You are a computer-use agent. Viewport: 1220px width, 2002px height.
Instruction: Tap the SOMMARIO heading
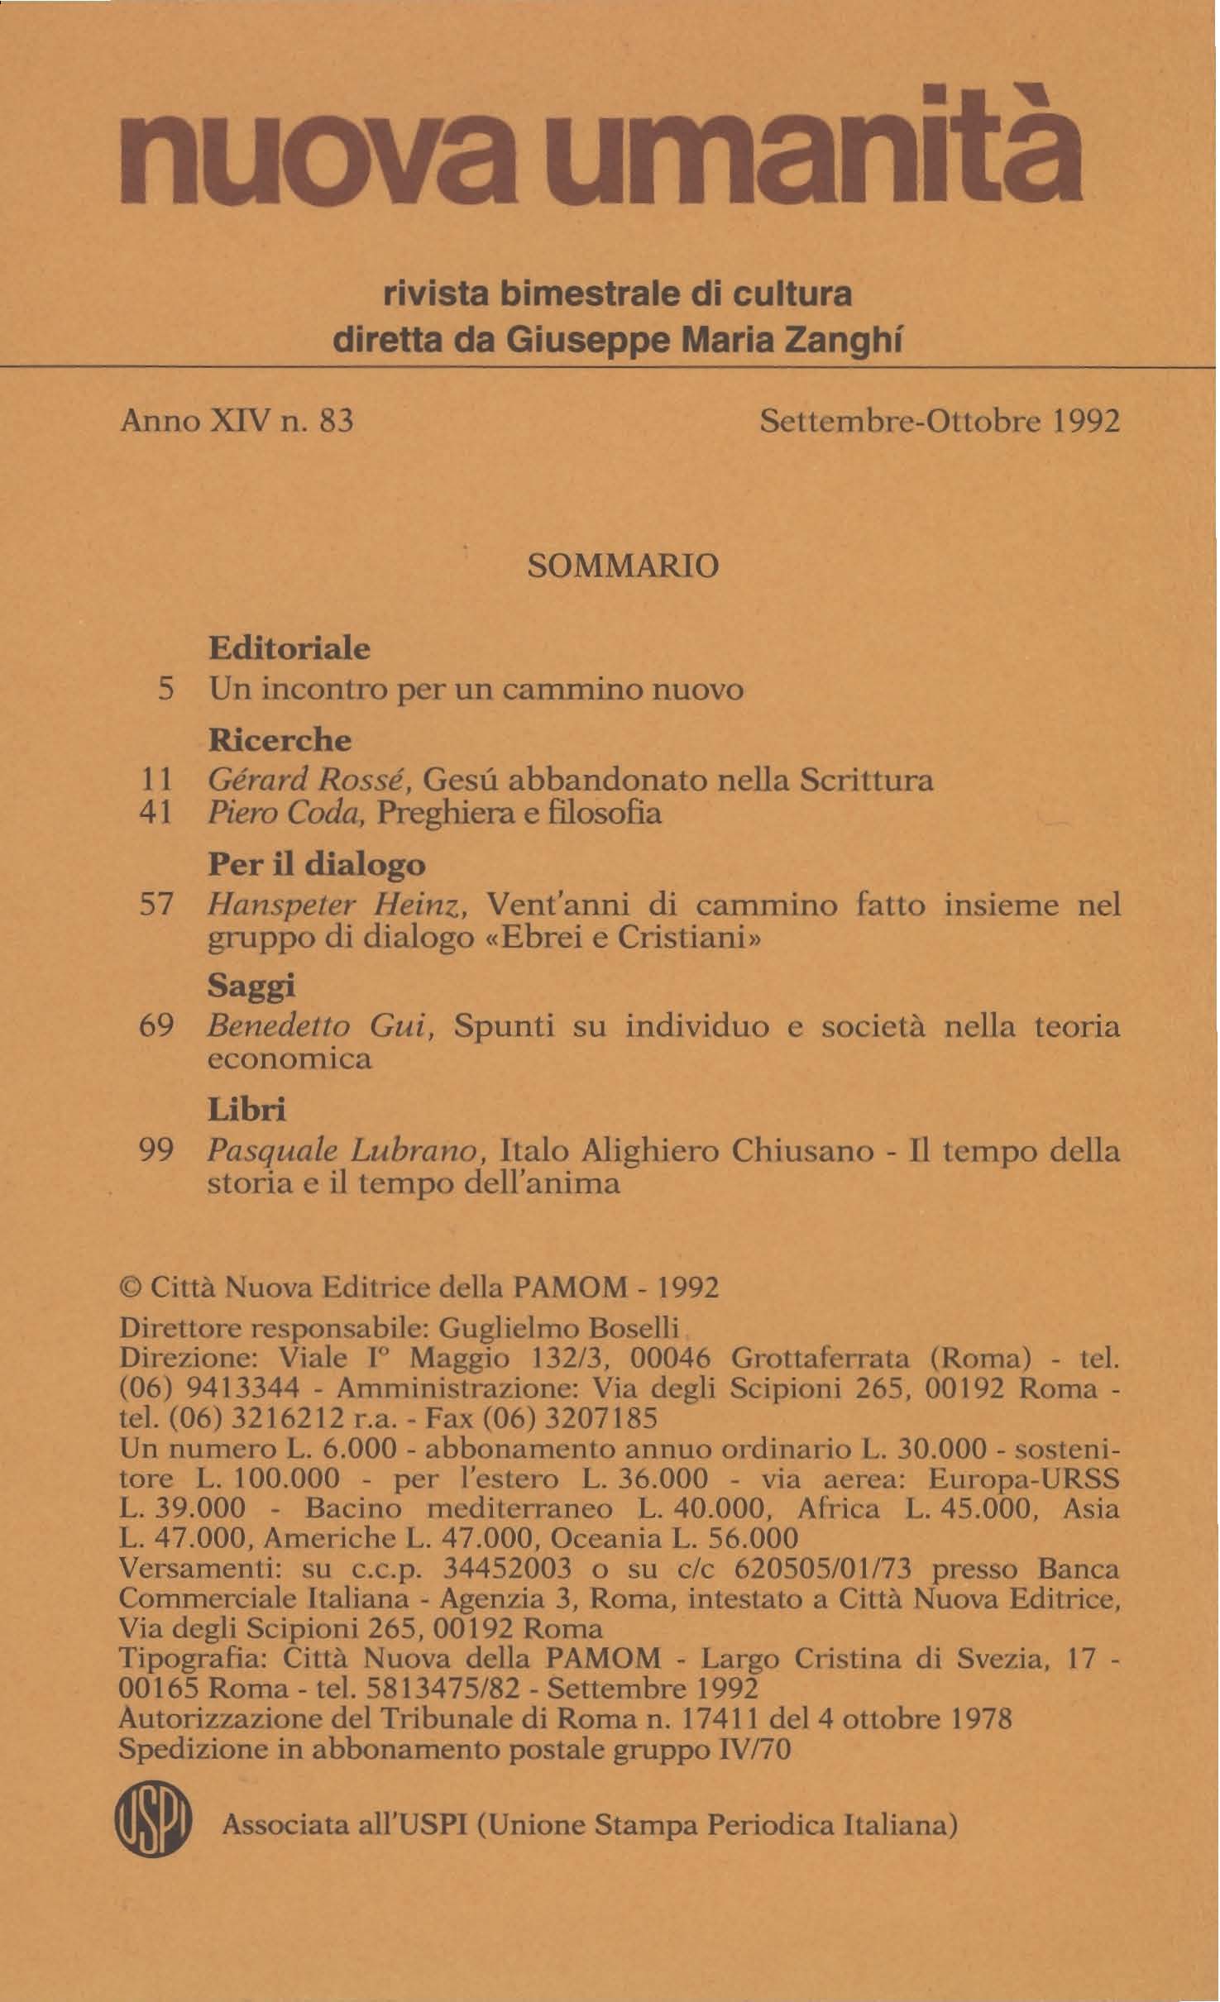tap(622, 566)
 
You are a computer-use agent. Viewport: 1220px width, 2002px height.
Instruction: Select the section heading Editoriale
tap(289, 647)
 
